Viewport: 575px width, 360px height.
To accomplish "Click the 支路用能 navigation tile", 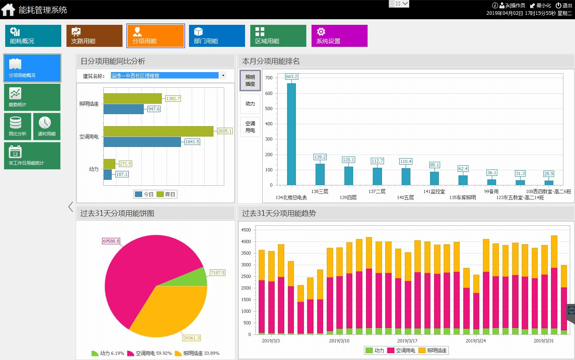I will click(x=94, y=36).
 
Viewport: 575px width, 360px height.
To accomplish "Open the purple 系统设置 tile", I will click(x=339, y=36).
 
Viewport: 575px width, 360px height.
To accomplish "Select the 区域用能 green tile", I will click(x=278, y=36).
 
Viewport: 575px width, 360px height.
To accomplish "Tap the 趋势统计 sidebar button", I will click(x=32, y=97).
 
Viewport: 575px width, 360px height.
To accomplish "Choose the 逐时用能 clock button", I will click(x=46, y=127).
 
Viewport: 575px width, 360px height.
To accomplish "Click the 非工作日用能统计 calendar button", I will click(x=32, y=156).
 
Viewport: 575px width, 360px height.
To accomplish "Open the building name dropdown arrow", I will click(x=223, y=75).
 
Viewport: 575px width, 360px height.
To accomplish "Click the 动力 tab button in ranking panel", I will click(x=250, y=104).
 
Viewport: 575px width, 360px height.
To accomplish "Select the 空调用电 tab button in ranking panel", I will click(x=250, y=127).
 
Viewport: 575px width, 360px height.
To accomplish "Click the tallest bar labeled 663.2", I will click(x=292, y=134).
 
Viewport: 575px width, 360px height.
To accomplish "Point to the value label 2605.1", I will click(x=225, y=131).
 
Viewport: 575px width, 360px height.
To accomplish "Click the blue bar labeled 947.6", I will click(x=123, y=109).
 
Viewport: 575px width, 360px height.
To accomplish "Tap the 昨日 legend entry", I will click(x=166, y=194).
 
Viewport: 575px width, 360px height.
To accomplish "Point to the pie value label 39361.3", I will click(x=191, y=338).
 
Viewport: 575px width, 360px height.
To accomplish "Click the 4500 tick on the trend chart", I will click(x=246, y=230).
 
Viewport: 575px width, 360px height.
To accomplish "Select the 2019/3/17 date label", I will click(x=407, y=341).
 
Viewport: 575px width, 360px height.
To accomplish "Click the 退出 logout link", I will click(x=564, y=5).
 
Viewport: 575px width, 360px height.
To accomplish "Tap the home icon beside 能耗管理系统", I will click(x=8, y=10).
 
